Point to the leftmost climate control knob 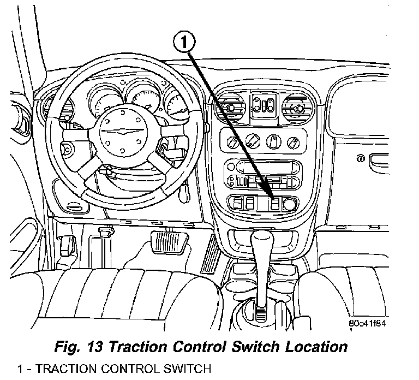pyautogui.click(x=232, y=143)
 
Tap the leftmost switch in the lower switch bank pyautogui.click(x=237, y=205)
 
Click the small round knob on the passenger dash pyautogui.click(x=360, y=158)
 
